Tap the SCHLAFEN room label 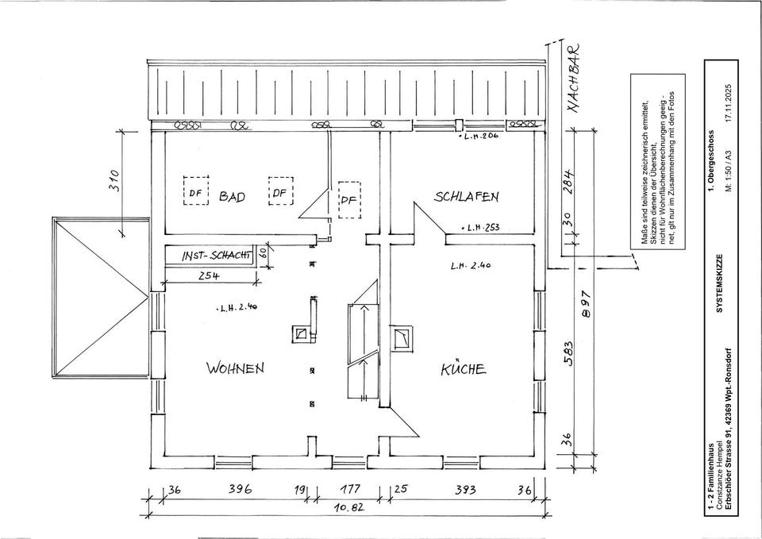(x=467, y=196)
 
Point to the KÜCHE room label (x=464, y=368)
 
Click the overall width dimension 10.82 (x=347, y=509)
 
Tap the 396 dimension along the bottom (x=239, y=490)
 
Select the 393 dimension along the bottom (x=465, y=490)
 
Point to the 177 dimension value (x=350, y=490)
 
